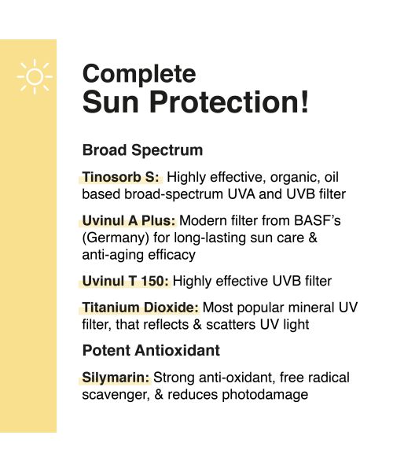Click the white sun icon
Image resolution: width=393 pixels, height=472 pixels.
(x=34, y=77)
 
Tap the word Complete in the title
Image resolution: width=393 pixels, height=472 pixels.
(x=139, y=74)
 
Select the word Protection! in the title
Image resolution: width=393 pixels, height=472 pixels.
(x=245, y=104)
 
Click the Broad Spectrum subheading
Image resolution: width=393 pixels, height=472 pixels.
(x=142, y=149)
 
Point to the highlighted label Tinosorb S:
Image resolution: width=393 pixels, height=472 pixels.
(x=120, y=176)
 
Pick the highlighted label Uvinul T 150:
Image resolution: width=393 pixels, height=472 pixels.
(x=125, y=281)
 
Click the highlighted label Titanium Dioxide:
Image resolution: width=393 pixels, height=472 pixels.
(x=141, y=308)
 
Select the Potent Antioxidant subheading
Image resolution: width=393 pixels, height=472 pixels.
(x=151, y=350)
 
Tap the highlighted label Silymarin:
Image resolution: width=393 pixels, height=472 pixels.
(x=116, y=377)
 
